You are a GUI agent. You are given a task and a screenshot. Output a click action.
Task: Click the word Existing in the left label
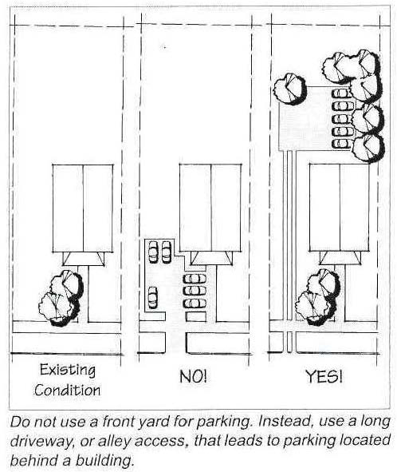click(x=68, y=370)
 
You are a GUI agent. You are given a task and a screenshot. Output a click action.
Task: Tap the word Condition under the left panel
click(x=67, y=390)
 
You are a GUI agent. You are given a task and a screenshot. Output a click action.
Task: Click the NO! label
click(x=193, y=376)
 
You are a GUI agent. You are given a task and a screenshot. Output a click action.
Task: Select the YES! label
click(x=324, y=376)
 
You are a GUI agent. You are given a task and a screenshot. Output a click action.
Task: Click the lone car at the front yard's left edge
click(x=153, y=298)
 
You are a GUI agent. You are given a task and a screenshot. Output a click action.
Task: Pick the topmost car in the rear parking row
click(x=342, y=93)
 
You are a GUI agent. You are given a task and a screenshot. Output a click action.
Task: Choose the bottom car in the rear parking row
click(x=342, y=143)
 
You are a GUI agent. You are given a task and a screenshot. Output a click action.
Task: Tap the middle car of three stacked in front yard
click(x=195, y=291)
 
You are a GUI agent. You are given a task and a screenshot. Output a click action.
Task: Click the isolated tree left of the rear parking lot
click(x=289, y=89)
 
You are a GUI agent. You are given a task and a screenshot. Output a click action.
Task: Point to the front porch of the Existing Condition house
click(x=83, y=259)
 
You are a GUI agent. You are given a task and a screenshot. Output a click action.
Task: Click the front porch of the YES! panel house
click(x=340, y=258)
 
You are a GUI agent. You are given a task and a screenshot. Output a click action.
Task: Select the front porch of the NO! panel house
click(x=211, y=259)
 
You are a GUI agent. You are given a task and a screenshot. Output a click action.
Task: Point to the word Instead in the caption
click(x=287, y=422)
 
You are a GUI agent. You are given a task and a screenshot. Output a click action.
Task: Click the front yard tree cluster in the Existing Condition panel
click(x=61, y=299)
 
